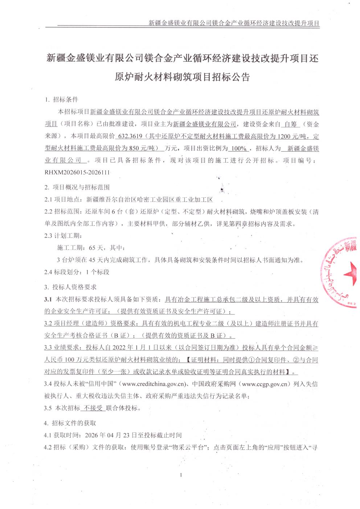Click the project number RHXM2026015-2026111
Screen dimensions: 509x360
(77, 172)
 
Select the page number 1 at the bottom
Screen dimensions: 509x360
(180, 475)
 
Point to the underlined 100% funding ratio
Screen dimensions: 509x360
(239, 148)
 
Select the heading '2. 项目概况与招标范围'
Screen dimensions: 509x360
(77, 187)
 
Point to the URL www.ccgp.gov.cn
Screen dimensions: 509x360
(266, 384)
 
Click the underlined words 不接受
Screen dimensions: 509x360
(93, 408)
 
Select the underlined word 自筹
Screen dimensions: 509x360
(290, 124)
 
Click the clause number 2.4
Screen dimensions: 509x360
(49, 272)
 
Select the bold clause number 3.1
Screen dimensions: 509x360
(48, 299)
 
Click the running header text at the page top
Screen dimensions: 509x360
(234, 23)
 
